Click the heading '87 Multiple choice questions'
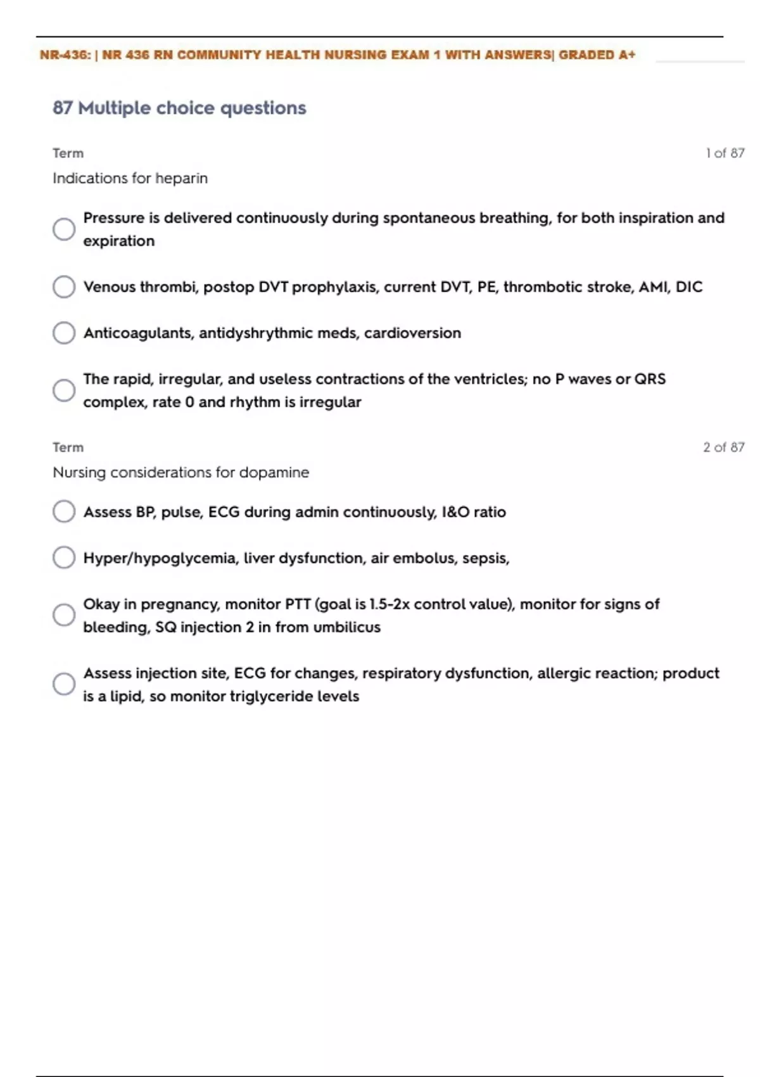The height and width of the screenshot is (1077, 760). point(179,108)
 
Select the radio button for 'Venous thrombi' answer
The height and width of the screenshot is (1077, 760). point(64,287)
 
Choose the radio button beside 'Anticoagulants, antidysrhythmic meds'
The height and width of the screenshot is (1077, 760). point(64,333)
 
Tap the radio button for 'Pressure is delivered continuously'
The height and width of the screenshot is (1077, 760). point(64,229)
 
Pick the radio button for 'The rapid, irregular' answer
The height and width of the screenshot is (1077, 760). point(64,390)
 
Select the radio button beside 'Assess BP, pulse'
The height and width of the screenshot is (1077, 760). point(64,512)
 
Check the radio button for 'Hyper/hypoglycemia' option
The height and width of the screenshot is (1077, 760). point(64,558)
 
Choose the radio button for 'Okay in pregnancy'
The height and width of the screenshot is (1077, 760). point(64,615)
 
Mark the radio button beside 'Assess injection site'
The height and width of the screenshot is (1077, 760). point(64,684)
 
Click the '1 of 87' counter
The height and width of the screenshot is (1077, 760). point(725,153)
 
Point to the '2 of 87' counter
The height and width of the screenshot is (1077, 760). point(724,447)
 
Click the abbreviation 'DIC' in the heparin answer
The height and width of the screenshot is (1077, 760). point(689,287)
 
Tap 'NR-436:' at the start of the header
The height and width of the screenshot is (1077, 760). point(65,55)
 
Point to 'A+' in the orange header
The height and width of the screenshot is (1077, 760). point(627,55)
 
